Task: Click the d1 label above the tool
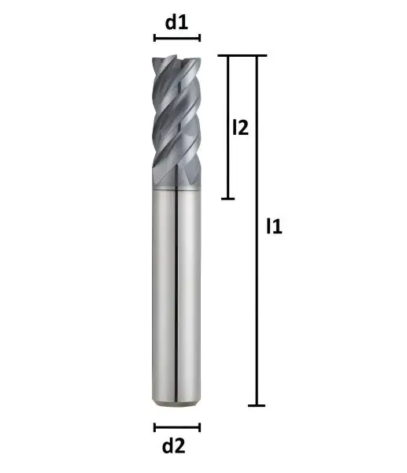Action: pyautogui.click(x=176, y=22)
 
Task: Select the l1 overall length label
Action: pyautogui.click(x=274, y=227)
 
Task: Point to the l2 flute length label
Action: pyautogui.click(x=241, y=127)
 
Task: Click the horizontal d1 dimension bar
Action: pyautogui.click(x=176, y=37)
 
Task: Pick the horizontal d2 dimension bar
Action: pyautogui.click(x=176, y=427)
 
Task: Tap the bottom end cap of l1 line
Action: pyautogui.click(x=257, y=405)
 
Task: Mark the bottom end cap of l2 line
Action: pyautogui.click(x=228, y=198)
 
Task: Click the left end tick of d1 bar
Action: pyautogui.click(x=154, y=37)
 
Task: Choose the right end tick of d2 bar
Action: pyautogui.click(x=200, y=427)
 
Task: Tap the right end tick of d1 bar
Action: pyautogui.click(x=200, y=37)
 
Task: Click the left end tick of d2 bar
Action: pyautogui.click(x=154, y=427)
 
